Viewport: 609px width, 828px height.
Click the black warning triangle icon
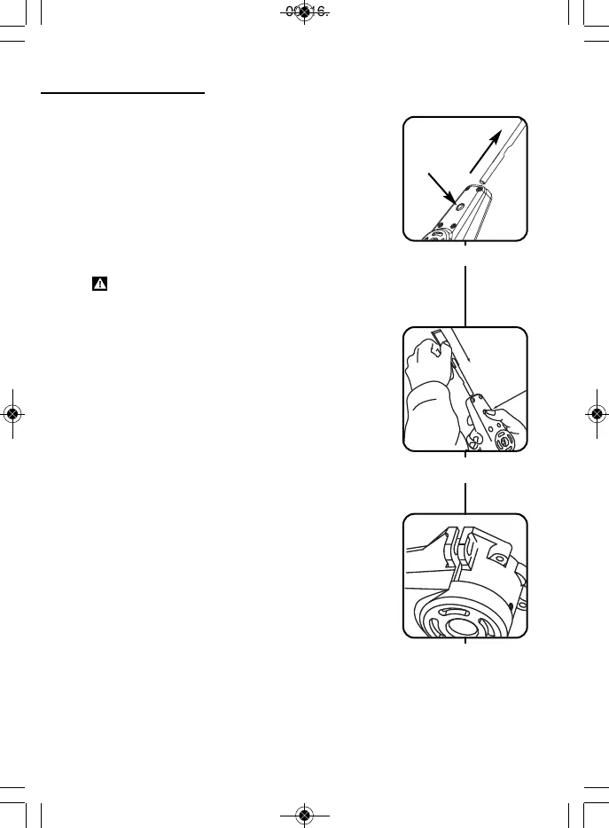[100, 285]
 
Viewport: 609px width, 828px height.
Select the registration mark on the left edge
[12, 413]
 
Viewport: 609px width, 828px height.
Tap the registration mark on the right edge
[597, 413]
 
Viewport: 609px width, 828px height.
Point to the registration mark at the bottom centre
[304, 815]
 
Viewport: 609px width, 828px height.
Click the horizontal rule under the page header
[123, 91]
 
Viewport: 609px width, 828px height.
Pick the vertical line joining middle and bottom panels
[465, 496]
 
